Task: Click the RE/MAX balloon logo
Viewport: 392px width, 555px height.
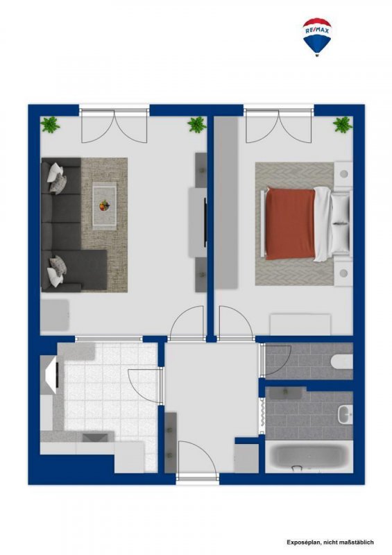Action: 317,37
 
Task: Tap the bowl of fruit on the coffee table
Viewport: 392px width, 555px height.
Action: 104,205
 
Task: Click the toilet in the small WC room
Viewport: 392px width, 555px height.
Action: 343,361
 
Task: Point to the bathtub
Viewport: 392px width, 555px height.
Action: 309,456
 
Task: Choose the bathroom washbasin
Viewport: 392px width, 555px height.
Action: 345,413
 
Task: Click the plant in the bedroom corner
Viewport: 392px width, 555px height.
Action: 343,125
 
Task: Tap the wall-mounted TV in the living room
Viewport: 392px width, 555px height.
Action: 205,222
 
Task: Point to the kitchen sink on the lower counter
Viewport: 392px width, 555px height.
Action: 96,438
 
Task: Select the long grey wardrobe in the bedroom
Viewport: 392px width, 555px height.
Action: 227,203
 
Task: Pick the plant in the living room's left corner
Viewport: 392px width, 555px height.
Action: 50,125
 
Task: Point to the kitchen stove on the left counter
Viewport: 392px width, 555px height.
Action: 52,375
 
